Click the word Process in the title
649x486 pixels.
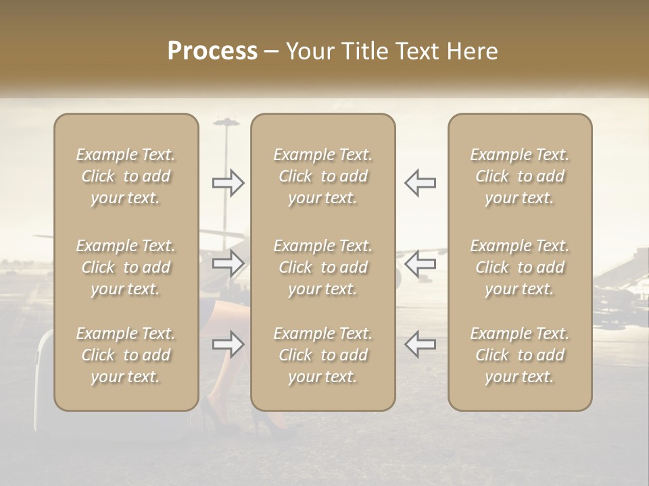point(212,51)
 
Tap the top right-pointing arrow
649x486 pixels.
point(229,183)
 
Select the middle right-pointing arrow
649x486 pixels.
point(229,263)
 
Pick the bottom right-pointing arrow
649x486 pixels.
point(229,344)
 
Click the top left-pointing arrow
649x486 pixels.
point(420,183)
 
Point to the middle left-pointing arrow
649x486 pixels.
point(420,263)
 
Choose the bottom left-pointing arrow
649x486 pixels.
point(420,344)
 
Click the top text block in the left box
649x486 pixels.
point(126,176)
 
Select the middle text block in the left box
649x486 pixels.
point(126,267)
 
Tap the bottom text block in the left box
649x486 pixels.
point(126,355)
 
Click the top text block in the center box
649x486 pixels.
point(322,176)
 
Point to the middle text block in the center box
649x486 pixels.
point(322,267)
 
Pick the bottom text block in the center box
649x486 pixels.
point(322,355)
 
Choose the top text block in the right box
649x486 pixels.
point(519,176)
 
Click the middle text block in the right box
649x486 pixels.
point(519,267)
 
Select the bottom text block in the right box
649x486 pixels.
point(519,355)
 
